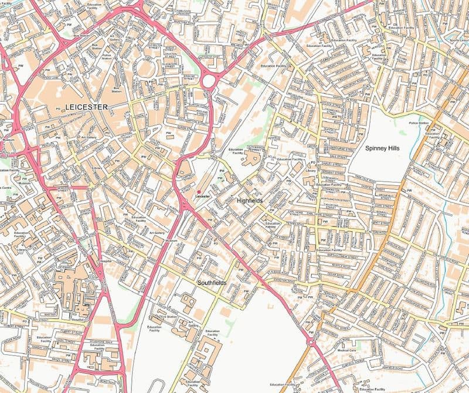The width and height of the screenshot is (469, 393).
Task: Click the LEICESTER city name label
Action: pos(87,107)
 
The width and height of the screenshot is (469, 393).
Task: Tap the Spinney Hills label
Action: pos(382,149)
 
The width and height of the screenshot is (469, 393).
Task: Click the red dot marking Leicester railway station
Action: pos(199,192)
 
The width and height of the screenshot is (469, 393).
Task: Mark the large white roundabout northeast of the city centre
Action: pos(209,79)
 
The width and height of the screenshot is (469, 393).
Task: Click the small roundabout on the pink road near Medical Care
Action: pos(311,343)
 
